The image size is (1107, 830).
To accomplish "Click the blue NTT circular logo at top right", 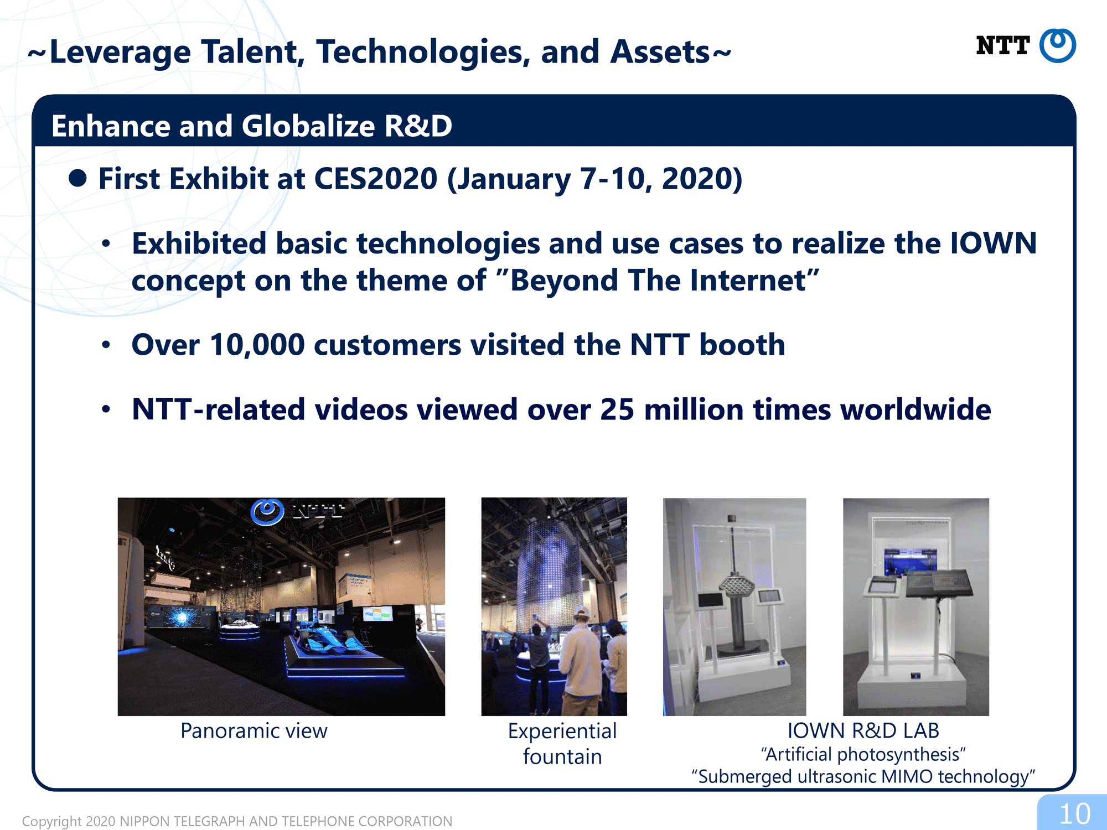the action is tap(1057, 45).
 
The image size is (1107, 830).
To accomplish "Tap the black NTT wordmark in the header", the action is tap(1002, 45).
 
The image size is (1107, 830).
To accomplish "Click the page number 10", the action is tap(1074, 814).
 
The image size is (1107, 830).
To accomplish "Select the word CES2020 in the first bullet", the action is tap(376, 179).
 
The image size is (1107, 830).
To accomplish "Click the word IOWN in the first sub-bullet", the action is tap(993, 243).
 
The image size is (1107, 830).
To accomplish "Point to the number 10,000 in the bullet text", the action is tap(257, 345).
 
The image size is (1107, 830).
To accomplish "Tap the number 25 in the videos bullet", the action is tap(617, 410).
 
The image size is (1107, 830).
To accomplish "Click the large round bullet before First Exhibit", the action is tap(77, 178).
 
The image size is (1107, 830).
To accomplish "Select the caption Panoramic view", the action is tap(254, 731).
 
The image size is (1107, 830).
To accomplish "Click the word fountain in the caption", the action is tap(562, 756).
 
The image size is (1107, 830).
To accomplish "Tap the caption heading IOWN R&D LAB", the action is tap(863, 730).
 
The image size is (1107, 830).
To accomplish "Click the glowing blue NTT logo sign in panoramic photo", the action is tap(268, 512).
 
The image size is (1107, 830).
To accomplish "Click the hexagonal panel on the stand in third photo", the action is tap(736, 585).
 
